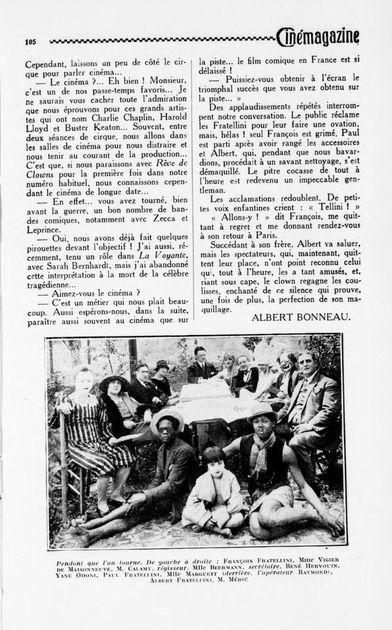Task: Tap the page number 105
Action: [x=31, y=42]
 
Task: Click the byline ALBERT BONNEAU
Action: [x=301, y=317]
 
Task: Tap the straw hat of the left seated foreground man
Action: [x=167, y=419]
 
